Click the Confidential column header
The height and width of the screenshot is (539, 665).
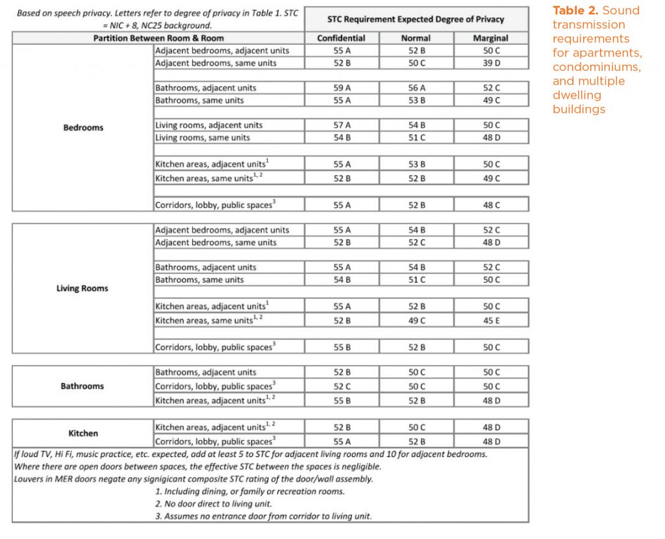tap(341, 38)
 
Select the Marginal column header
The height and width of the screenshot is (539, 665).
tap(490, 38)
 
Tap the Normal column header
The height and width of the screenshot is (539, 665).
tap(416, 38)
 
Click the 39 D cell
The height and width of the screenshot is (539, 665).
tap(490, 63)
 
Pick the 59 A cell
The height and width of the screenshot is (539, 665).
tap(341, 88)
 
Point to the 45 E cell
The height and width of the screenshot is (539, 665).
tap(490, 320)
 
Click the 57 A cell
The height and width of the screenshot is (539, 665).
tap(341, 125)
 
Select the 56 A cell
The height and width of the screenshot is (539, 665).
tap(416, 88)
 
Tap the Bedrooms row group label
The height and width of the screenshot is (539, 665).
tap(82, 128)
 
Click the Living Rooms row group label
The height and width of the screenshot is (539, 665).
tap(82, 288)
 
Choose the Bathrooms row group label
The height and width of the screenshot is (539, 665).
tap(82, 386)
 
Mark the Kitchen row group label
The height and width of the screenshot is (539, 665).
tap(82, 433)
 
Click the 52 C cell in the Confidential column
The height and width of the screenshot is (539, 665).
tap(341, 386)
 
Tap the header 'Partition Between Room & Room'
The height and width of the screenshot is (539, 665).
tap(158, 38)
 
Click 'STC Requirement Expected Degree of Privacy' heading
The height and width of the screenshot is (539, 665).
tap(416, 19)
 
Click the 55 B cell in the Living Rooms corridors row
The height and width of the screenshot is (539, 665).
tap(341, 347)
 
